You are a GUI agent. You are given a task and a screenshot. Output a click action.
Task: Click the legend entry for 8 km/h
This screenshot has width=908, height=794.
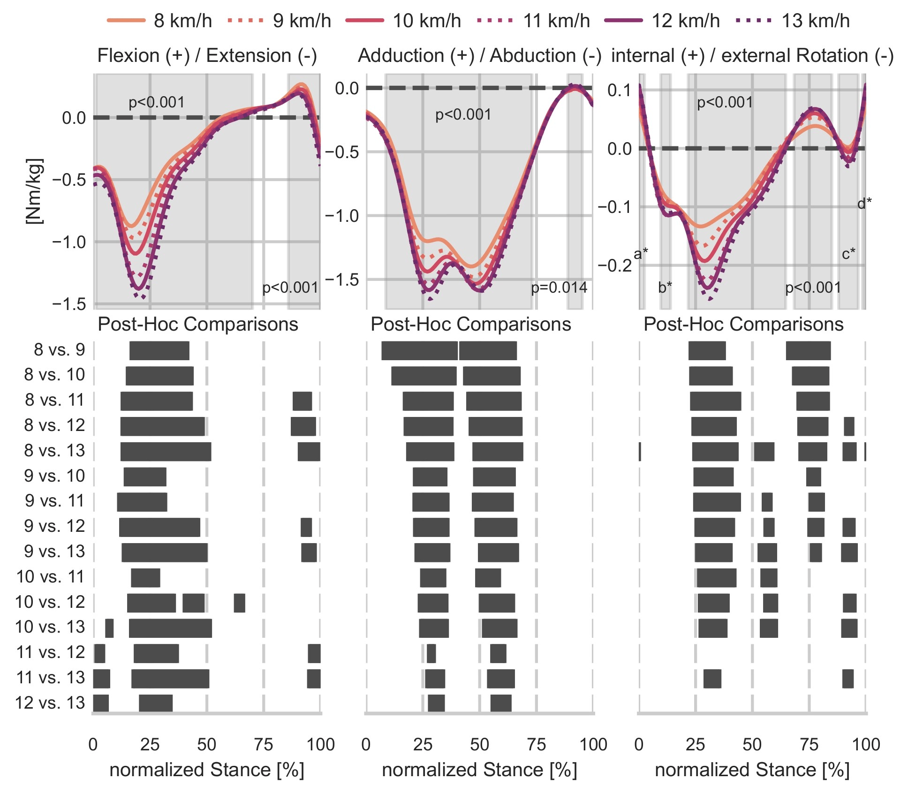(x=159, y=21)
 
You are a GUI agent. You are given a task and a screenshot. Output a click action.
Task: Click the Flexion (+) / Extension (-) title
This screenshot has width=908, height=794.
(x=207, y=56)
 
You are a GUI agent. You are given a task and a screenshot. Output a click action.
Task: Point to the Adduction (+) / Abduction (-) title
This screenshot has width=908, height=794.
(x=479, y=56)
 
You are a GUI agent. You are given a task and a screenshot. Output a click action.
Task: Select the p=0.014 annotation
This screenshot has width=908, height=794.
(x=559, y=287)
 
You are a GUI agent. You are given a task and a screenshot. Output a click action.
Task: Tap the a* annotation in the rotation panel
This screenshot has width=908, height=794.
(x=641, y=254)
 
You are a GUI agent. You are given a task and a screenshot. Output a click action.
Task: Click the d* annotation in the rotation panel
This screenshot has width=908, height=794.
(x=864, y=203)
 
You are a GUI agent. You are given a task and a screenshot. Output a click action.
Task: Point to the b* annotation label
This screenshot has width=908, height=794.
(x=665, y=287)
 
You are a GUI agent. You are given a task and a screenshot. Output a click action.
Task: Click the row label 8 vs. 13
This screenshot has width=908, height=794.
(x=54, y=451)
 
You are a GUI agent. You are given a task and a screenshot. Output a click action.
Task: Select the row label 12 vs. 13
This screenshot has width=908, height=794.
(x=50, y=703)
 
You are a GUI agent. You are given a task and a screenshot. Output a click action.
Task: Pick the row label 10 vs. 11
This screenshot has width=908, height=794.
(x=50, y=576)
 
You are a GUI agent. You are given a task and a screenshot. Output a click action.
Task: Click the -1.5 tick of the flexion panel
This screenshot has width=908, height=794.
(x=69, y=304)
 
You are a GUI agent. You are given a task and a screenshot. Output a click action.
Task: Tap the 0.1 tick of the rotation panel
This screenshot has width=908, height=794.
(x=619, y=90)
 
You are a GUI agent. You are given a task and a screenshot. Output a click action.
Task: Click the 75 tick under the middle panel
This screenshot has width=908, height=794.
(x=536, y=744)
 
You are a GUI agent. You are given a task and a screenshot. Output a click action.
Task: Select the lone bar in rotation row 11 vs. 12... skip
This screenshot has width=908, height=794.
(x=712, y=679)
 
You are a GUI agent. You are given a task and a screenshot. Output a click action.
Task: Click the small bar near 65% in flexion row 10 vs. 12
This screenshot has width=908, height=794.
(x=239, y=603)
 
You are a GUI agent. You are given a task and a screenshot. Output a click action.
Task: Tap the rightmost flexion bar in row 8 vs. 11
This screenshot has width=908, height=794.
(x=302, y=401)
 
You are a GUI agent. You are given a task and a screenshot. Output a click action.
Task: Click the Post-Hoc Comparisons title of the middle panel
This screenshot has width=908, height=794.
(x=470, y=325)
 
